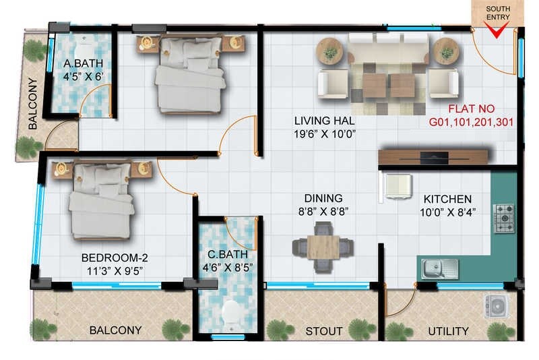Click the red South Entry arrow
click(497, 31)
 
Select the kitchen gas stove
click(503, 218)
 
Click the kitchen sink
click(439, 268)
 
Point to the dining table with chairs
click(323, 247)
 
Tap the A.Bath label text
click(82, 65)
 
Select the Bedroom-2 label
click(114, 258)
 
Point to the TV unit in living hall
click(433, 157)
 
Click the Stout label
click(323, 332)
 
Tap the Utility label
click(448, 332)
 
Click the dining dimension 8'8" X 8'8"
click(323, 211)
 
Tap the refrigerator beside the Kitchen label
click(397, 186)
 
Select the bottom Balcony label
click(115, 330)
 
